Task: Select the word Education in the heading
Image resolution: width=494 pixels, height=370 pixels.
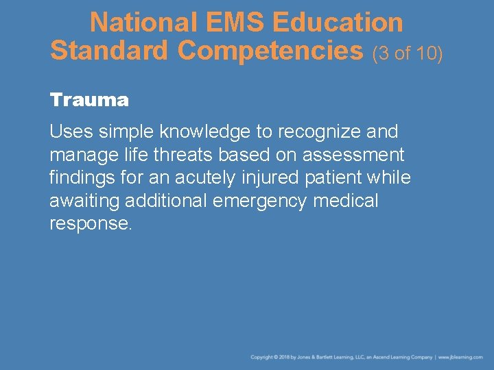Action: coord(338,23)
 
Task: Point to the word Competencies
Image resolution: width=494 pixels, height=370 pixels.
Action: coord(270,50)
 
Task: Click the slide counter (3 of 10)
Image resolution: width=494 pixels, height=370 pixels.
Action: coord(408,52)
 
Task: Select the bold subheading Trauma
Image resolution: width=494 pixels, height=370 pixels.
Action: coord(89,100)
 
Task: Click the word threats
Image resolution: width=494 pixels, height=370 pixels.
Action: coord(183,154)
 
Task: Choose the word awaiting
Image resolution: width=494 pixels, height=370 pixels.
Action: coord(86,201)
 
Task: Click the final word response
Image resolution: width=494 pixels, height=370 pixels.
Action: coord(90,224)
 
